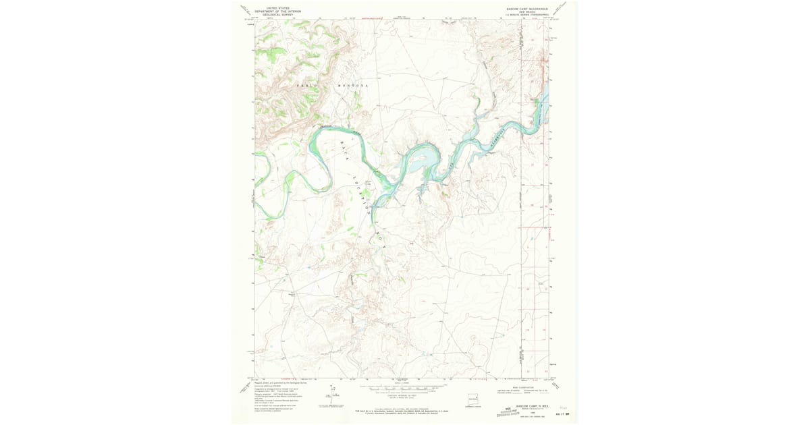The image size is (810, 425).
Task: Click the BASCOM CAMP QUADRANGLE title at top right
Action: [527, 9]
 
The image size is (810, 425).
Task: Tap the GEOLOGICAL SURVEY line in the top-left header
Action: [282, 15]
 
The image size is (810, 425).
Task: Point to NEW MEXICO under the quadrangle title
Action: [527, 13]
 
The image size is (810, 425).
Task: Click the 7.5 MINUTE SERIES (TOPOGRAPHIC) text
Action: [527, 16]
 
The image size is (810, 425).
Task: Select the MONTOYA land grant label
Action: [354, 86]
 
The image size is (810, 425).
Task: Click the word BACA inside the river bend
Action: [344, 145]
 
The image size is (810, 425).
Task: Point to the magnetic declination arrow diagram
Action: [331, 395]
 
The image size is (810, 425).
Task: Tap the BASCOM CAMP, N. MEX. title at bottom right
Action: [529, 406]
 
